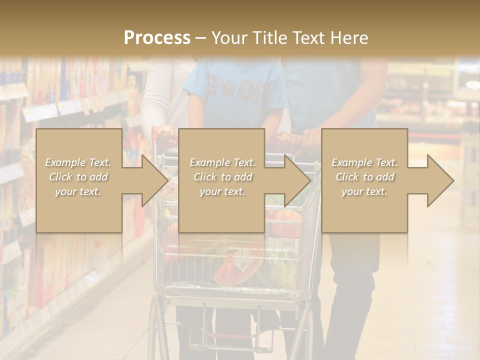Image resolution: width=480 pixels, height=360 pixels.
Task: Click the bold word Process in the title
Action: coord(157,37)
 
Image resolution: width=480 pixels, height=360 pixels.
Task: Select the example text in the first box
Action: coord(78,176)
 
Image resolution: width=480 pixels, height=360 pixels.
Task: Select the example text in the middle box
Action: coord(222,176)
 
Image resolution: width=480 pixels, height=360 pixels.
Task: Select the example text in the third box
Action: coord(364,176)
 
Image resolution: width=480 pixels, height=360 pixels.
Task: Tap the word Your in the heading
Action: coord(229,37)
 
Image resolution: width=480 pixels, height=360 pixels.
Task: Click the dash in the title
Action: coord(200,38)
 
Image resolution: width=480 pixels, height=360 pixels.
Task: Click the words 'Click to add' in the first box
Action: coord(78,177)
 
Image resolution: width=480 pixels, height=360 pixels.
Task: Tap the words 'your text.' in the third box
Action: coord(364,191)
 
